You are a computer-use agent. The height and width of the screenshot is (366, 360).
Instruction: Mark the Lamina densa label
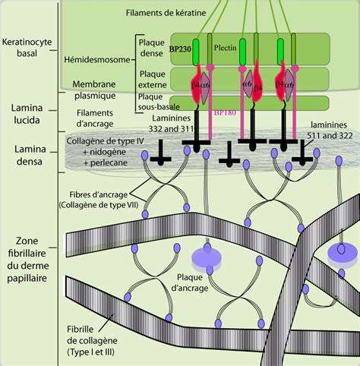[26, 159]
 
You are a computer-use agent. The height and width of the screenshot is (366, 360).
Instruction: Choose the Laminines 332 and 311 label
[172, 127]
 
